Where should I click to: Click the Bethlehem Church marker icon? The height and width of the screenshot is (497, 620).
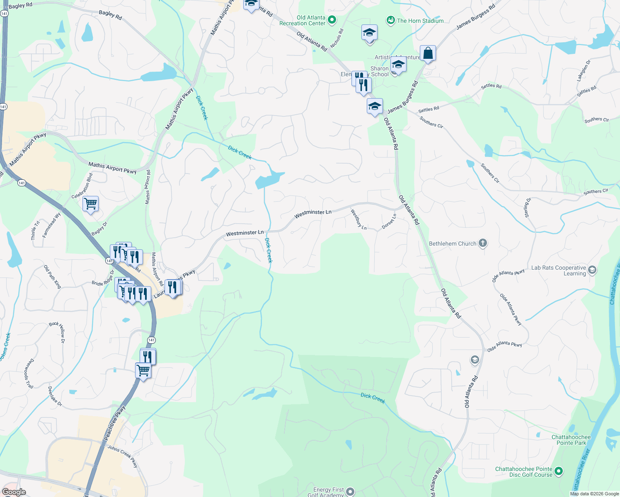[x=482, y=243]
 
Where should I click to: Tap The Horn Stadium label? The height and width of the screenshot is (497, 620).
[x=420, y=21]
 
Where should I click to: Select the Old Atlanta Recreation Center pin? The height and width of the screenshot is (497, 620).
[x=332, y=20]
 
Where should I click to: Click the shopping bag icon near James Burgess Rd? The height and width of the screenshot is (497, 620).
[x=428, y=53]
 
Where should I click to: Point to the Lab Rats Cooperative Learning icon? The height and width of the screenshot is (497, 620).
[x=592, y=270]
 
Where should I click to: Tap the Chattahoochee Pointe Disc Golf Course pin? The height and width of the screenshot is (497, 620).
[x=558, y=471]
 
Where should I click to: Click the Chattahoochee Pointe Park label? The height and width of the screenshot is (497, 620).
[x=571, y=440]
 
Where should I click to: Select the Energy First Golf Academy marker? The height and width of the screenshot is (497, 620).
[x=350, y=492]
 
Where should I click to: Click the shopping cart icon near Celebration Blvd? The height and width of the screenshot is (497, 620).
[x=90, y=204]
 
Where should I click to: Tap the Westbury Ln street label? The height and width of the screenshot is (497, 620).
[x=358, y=220]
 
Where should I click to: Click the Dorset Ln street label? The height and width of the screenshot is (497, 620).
[x=389, y=221]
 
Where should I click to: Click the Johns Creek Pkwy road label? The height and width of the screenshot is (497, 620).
[x=123, y=456]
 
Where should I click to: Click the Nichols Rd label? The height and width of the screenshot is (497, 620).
[x=337, y=38]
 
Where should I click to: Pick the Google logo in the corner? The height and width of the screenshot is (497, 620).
[x=14, y=492]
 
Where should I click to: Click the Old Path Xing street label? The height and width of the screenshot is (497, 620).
[x=53, y=277]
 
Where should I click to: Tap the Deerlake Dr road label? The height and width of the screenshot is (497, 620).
[x=55, y=396]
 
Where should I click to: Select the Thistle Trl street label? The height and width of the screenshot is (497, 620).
[x=35, y=230]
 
